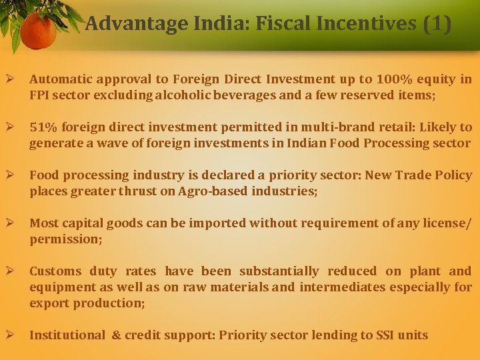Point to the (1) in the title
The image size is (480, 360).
[437, 25]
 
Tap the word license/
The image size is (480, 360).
[448, 223]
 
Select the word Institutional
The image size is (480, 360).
[67, 335]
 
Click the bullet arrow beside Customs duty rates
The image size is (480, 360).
[10, 271]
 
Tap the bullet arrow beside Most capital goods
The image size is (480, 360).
[10, 223]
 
